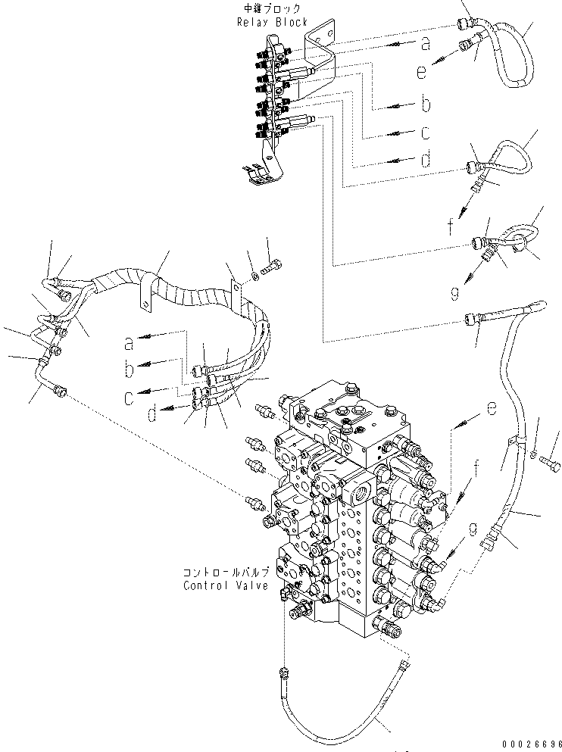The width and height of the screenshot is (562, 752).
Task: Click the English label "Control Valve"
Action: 225,585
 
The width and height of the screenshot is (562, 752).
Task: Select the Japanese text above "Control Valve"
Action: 225,573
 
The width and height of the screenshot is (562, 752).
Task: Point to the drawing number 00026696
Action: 528,744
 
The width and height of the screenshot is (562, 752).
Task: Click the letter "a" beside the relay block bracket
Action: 425,44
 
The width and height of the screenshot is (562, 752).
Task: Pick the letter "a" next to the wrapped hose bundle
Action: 129,345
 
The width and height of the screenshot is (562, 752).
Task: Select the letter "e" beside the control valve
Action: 492,409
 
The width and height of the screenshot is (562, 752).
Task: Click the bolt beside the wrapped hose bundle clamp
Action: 272,267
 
